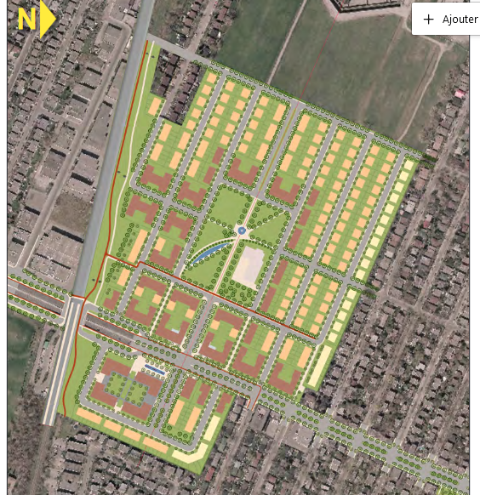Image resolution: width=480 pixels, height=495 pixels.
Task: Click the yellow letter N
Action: coord(26,20)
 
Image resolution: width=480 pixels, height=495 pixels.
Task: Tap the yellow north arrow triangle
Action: coord(47,20)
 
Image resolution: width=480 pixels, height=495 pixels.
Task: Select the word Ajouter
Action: coord(460,19)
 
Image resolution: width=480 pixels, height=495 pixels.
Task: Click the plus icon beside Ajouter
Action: coord(428,19)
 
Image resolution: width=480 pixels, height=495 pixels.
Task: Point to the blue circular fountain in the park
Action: coord(242,230)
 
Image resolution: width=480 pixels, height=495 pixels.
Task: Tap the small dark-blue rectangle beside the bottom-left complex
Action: coord(155,368)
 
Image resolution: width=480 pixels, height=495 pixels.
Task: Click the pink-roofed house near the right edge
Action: coord(460,94)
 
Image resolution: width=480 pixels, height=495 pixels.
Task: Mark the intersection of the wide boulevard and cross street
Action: coord(75,304)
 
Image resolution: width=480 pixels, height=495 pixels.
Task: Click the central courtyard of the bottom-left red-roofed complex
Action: coord(127,387)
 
